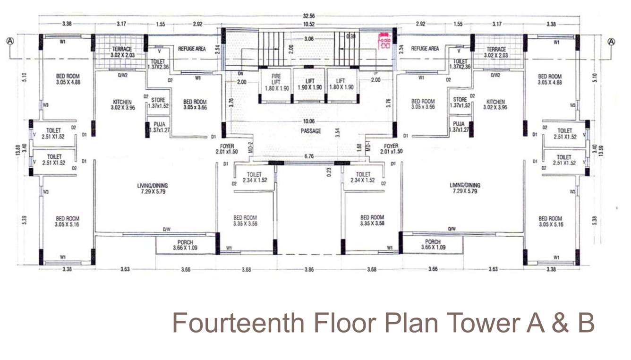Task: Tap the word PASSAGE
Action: [310, 131]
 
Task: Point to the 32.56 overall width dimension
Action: [309, 16]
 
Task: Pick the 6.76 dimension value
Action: [309, 156]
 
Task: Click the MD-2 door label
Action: [251, 147]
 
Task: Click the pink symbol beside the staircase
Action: [384, 41]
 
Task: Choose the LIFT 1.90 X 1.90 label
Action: [310, 84]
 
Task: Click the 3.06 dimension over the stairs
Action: [309, 39]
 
